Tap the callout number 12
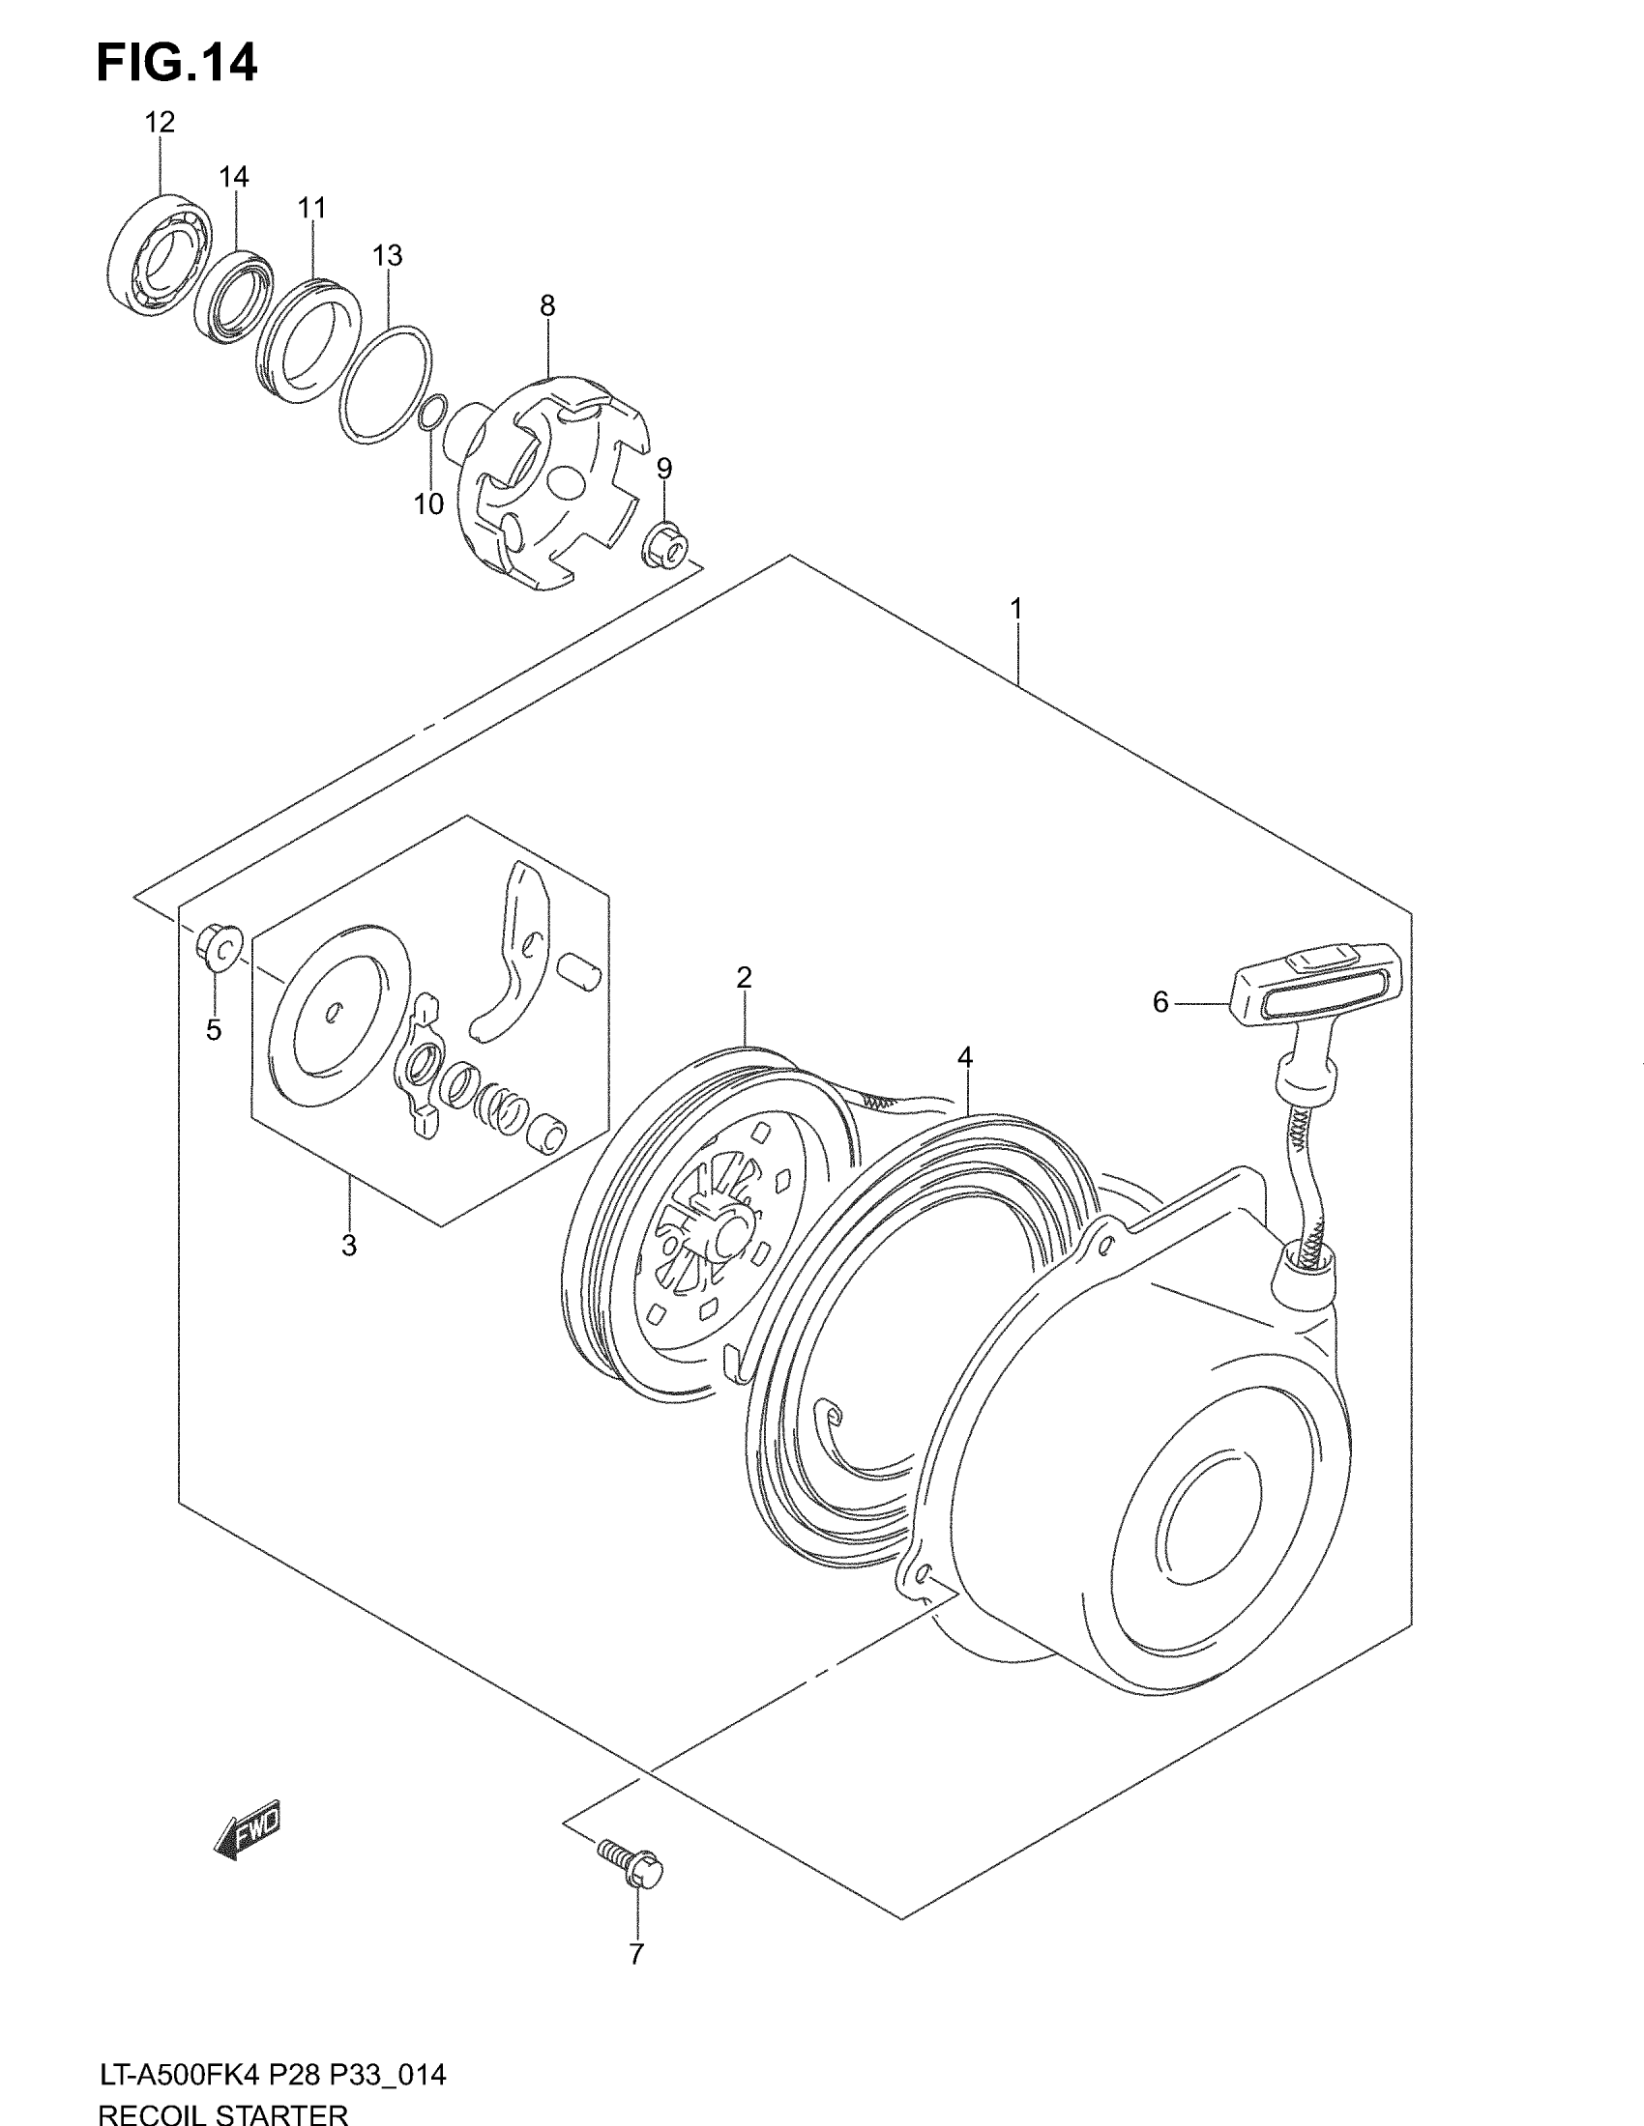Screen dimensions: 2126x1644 [160, 123]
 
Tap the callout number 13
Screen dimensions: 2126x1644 [387, 256]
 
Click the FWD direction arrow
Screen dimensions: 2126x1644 [248, 1829]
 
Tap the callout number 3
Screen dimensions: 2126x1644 [349, 1245]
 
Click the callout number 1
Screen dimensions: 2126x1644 [1015, 610]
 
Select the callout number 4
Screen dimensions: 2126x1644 [964, 1057]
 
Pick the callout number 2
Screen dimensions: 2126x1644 [744, 977]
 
